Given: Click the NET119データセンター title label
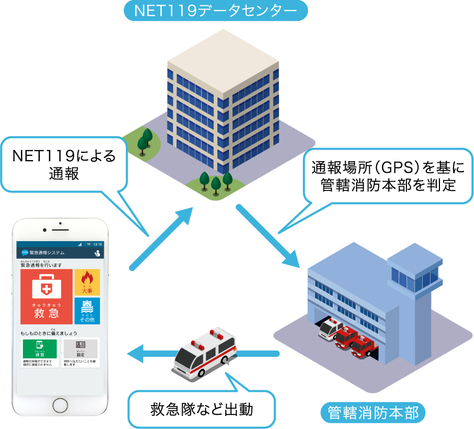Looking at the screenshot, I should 215,10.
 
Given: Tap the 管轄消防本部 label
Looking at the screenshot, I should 373,412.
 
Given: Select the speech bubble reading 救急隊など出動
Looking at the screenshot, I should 202,408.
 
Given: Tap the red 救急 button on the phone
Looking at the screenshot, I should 47,297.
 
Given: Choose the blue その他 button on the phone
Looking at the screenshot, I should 87,311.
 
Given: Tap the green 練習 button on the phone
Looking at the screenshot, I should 39,348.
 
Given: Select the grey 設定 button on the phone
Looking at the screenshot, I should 80,348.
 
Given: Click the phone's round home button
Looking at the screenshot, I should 59,404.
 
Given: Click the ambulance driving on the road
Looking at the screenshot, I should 204,351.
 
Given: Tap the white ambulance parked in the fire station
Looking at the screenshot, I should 331,329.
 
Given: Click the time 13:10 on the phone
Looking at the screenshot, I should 97,244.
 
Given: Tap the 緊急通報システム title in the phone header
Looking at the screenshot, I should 47,253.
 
